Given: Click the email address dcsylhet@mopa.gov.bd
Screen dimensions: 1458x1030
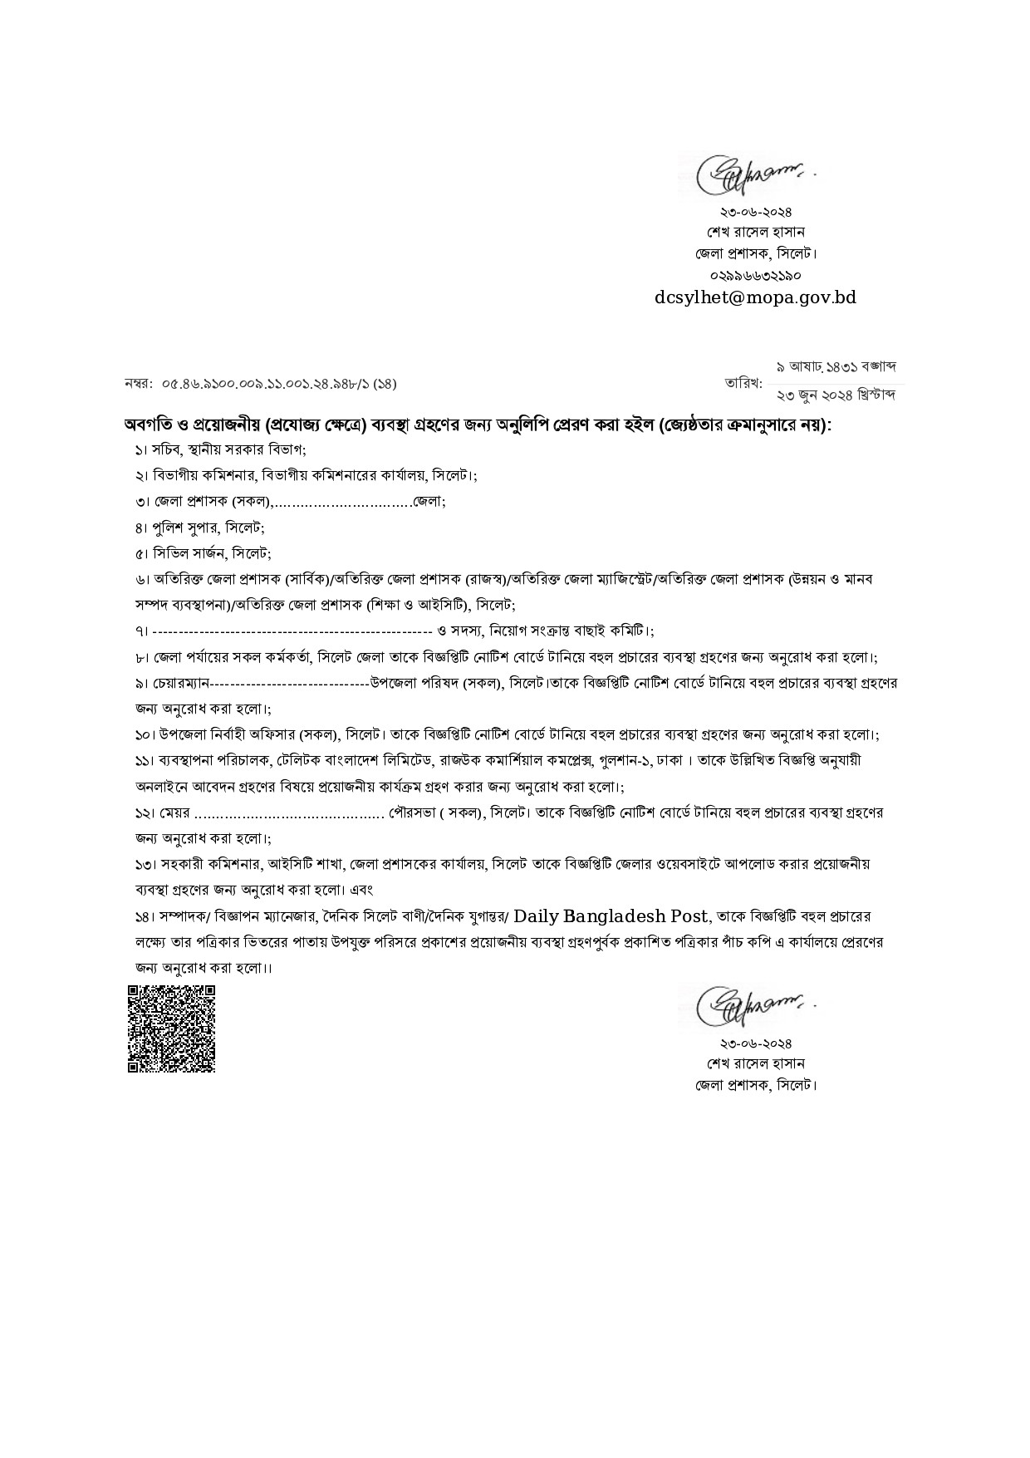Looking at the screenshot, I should click(x=755, y=297).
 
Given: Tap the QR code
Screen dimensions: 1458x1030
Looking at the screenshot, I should click(x=172, y=1028).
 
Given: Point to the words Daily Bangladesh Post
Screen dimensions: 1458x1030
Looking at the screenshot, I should click(x=612, y=916).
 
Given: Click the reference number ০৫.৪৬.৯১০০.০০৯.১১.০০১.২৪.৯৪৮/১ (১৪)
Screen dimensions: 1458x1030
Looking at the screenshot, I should click(x=279, y=384).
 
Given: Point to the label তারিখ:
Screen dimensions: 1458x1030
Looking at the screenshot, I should click(x=743, y=383).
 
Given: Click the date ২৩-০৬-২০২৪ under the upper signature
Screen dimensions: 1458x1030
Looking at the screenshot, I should click(x=756, y=212).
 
